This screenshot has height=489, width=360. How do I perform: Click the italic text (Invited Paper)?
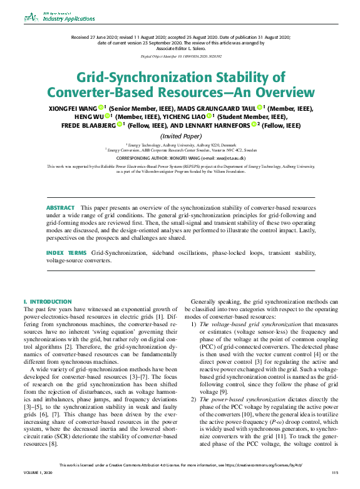point(180,136)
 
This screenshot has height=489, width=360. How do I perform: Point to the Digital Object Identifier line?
point(180,56)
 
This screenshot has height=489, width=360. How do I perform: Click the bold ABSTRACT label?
point(60,207)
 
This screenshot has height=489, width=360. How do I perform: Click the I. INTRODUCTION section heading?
point(48,302)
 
